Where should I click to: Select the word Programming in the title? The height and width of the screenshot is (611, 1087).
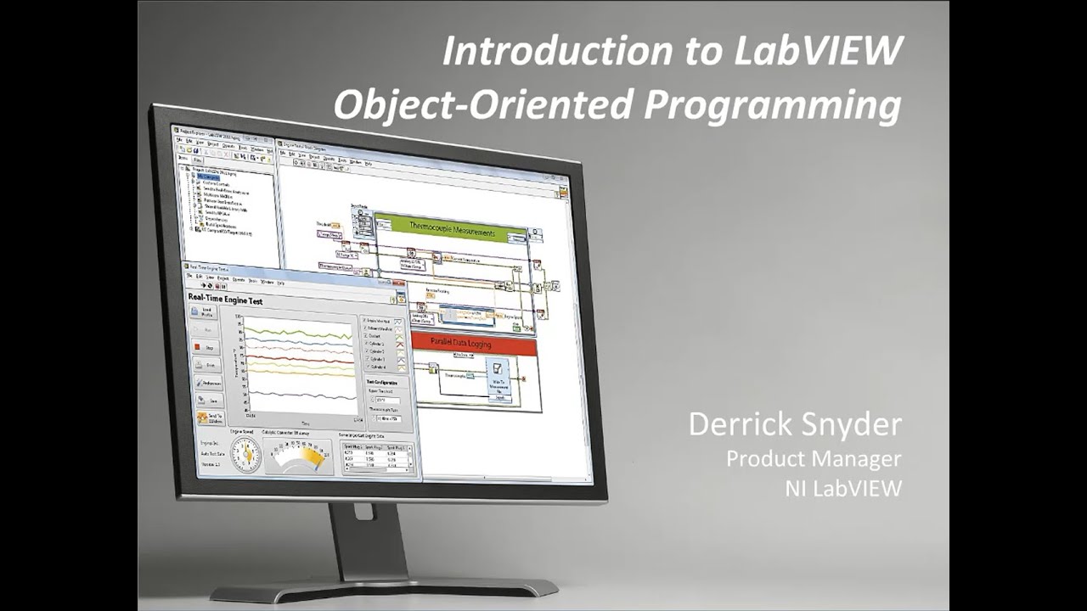(769, 105)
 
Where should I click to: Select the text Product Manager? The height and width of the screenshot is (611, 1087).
(813, 459)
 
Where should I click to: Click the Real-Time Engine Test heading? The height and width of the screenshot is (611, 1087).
(226, 301)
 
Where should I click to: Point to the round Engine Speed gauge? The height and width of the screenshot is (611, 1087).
(244, 455)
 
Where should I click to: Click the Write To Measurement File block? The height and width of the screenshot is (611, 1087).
(498, 378)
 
